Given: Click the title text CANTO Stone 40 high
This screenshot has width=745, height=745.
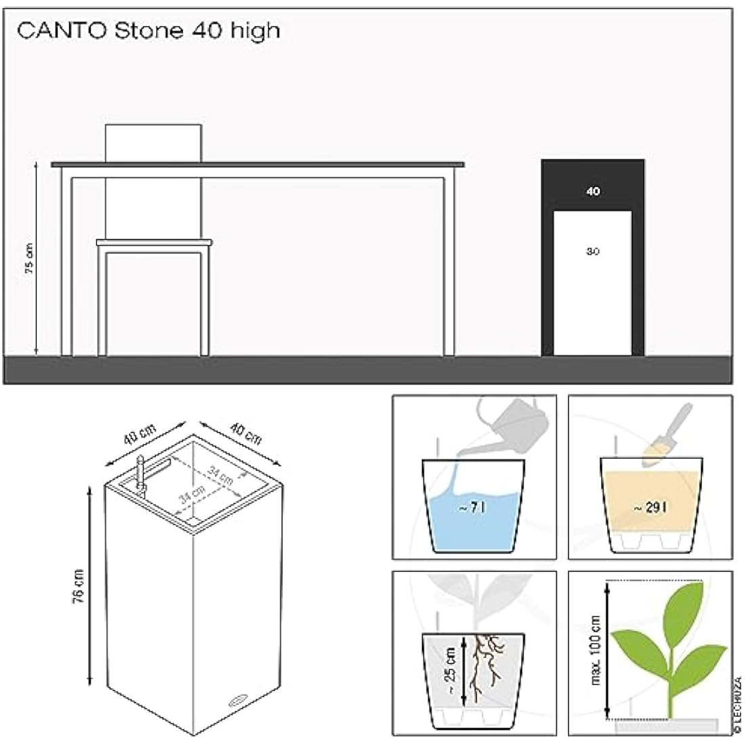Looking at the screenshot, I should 148,31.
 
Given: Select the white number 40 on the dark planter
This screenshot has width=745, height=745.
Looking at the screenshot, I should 593,192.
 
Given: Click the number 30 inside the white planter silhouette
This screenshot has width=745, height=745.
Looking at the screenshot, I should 593,251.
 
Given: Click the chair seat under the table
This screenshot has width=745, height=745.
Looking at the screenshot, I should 154,242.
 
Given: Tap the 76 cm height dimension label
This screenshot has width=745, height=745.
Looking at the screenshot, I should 79,584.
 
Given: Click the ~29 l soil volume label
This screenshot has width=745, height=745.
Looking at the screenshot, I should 648,509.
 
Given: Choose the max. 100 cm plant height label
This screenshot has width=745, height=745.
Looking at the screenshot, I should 596,650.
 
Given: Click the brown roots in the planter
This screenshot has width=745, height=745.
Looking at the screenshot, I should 485,667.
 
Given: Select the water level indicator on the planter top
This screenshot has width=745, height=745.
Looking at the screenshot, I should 140,474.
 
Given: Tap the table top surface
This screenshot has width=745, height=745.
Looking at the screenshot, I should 257,164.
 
